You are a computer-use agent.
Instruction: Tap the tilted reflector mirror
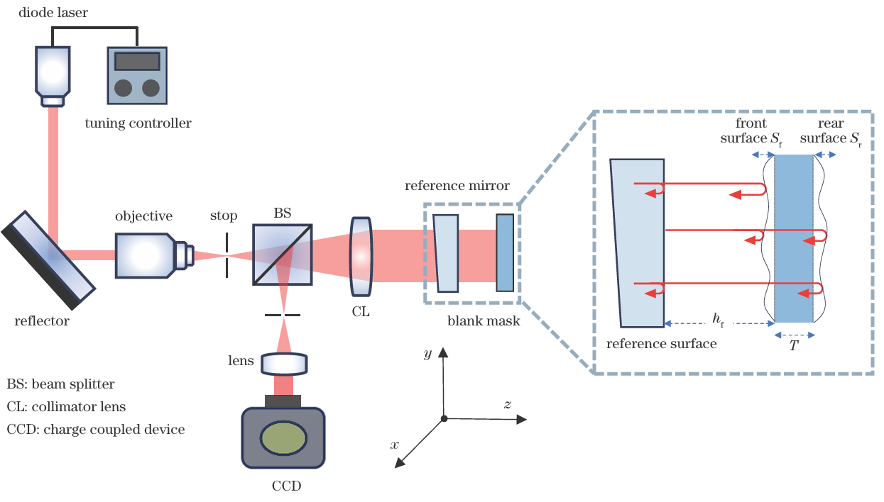point(48,260)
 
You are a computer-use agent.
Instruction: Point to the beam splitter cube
point(282,255)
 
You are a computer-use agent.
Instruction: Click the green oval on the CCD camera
point(283,438)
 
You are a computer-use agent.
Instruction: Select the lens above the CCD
point(285,364)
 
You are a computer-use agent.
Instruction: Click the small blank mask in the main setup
point(504,252)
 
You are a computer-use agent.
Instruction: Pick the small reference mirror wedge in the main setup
point(447,253)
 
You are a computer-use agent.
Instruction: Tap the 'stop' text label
point(224,216)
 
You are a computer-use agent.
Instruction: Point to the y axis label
point(427,353)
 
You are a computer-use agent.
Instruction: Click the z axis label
point(508,404)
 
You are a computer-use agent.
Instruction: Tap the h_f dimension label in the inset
point(718,320)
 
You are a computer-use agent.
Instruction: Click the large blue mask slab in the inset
point(794,238)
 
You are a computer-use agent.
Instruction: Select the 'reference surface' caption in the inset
point(662,344)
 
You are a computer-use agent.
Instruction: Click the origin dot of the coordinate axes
point(444,419)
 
